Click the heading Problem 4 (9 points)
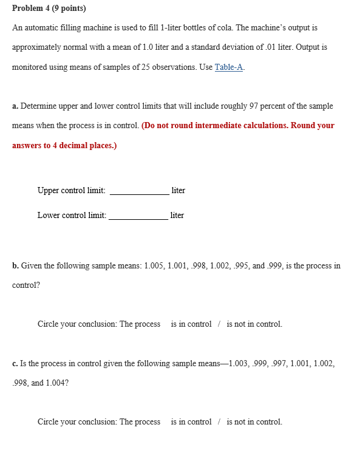coord(49,9)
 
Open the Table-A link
coord(229,67)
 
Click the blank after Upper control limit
coord(139,190)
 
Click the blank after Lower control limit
coord(138,215)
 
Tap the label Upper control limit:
coord(71,191)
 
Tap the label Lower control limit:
coord(72,216)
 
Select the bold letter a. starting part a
coord(15,106)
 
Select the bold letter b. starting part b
coord(15,266)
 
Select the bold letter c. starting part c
coord(15,364)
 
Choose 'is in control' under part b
coord(191,324)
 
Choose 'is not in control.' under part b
coord(254,324)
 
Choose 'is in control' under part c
coord(191,422)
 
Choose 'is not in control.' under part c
coord(254,422)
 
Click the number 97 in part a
coord(253,106)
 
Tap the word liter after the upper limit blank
coord(178,191)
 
